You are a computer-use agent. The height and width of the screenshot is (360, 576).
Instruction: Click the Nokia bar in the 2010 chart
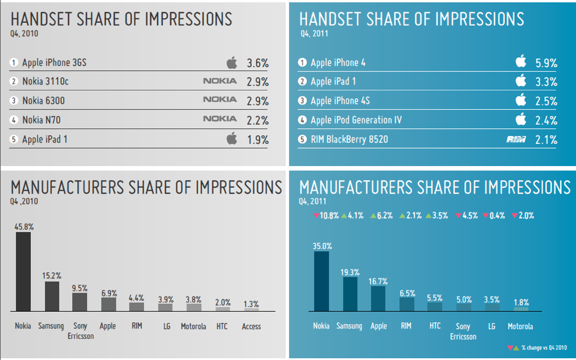(23, 273)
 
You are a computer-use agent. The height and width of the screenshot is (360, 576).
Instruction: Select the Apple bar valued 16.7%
(378, 299)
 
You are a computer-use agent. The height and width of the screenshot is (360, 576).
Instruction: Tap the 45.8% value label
(23, 227)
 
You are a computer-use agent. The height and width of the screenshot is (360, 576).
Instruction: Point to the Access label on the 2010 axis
(251, 326)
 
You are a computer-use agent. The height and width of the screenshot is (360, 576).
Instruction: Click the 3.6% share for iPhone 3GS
(257, 63)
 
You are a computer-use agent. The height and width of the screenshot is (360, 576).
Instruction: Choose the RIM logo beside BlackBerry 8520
(515, 140)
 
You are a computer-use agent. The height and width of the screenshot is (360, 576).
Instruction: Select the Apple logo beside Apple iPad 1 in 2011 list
(520, 81)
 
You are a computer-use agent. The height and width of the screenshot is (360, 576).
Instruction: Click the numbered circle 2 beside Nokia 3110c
(14, 82)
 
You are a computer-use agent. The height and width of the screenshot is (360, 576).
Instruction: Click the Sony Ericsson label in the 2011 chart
(464, 331)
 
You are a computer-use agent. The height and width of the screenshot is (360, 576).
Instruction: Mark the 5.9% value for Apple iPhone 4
(546, 63)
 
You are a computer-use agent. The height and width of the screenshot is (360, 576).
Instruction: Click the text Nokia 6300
(43, 101)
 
